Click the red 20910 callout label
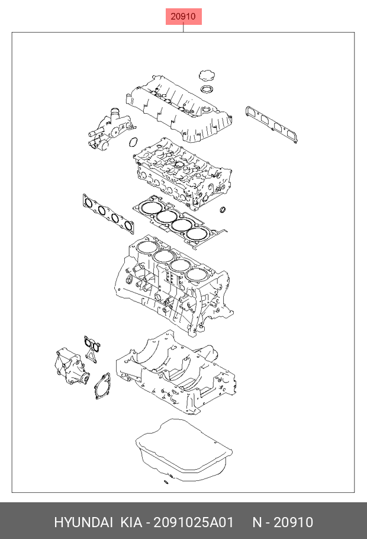[x=183, y=17]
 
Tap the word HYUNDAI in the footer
[x=83, y=522]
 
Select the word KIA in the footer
[x=131, y=522]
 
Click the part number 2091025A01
[x=195, y=522]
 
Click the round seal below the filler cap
[x=207, y=89]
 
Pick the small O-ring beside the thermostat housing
[x=134, y=143]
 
